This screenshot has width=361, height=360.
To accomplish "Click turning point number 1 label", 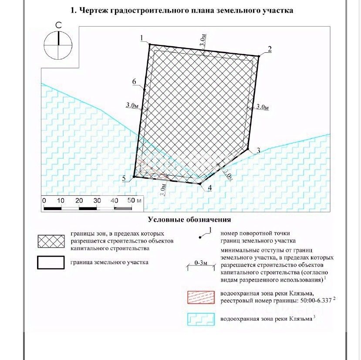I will (142, 39).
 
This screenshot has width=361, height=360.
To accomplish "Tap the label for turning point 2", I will (270, 49).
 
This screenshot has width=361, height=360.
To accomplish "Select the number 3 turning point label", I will (258, 151).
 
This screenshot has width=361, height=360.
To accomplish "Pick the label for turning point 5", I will (125, 178).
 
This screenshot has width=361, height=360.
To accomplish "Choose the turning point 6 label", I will (135, 82).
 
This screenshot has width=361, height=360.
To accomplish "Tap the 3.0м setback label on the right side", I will (263, 106).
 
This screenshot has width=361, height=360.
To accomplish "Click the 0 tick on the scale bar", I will (44, 200).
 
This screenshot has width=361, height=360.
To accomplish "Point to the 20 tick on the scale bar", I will (79, 200).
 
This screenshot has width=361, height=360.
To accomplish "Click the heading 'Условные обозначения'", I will (189, 220).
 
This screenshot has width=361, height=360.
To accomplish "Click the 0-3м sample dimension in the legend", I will (201, 263).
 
